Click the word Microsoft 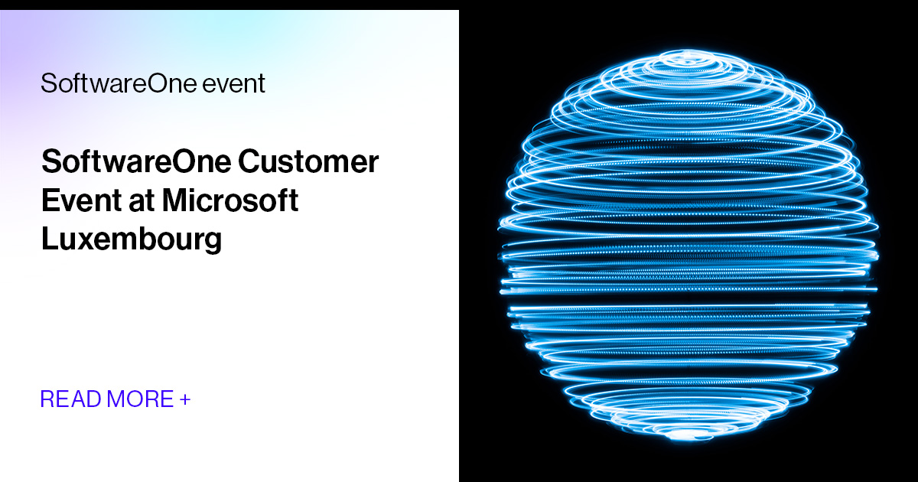point(229,200)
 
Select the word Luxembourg point(131,239)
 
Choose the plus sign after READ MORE point(184,399)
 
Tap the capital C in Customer point(249,162)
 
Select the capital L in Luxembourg point(48,239)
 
